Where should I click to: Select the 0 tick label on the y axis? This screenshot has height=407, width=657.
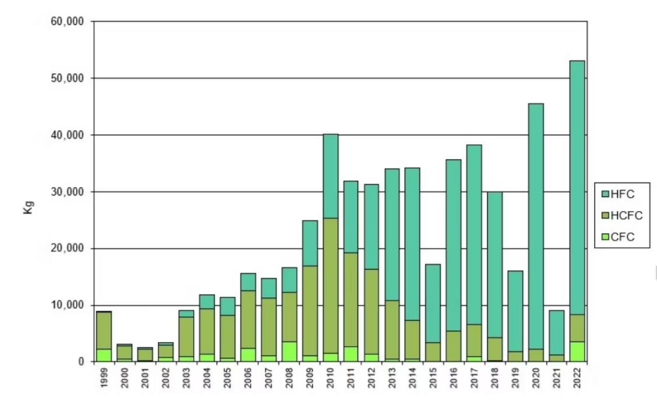pos(81,362)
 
